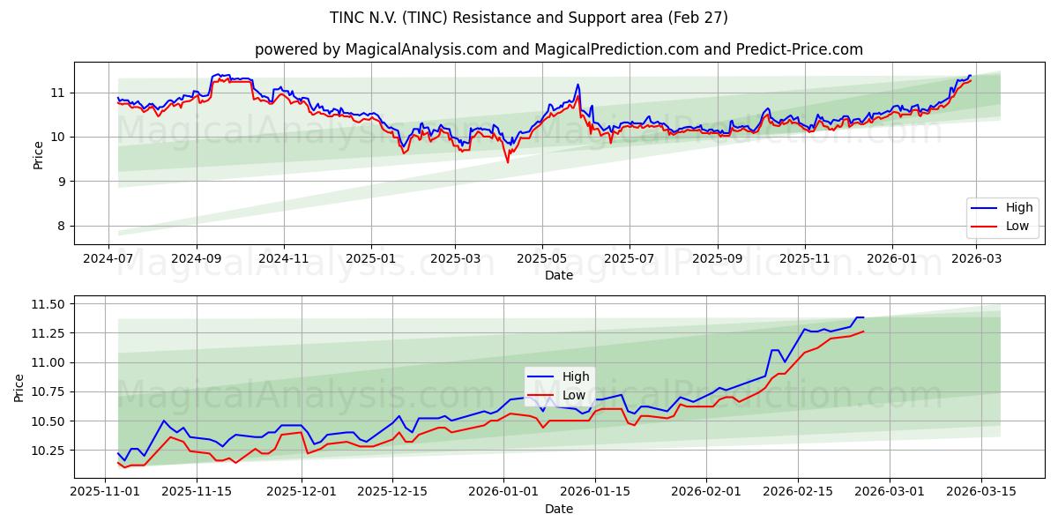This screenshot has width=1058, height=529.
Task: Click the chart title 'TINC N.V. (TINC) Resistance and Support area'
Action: click(529, 18)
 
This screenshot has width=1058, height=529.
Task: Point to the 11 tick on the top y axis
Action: click(57, 93)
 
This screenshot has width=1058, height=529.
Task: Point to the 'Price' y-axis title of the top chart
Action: click(38, 153)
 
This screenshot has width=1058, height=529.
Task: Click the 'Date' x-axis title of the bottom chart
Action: click(559, 509)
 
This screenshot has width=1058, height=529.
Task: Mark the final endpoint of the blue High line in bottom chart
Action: click(863, 317)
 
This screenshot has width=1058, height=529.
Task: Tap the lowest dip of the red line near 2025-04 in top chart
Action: click(507, 162)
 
